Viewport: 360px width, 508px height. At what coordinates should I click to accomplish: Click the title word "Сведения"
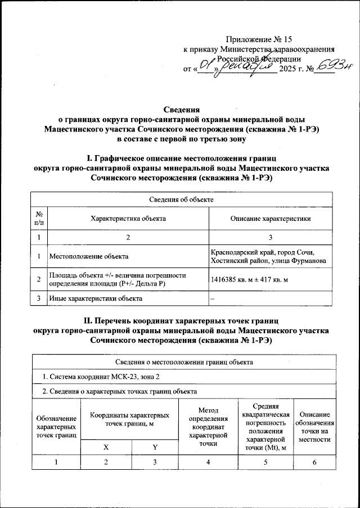click(182, 110)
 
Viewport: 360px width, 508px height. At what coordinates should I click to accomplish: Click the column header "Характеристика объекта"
click(128, 219)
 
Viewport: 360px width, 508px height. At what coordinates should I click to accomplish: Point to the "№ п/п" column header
click(39, 219)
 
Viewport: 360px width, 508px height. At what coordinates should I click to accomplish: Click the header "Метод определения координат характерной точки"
click(208, 427)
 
